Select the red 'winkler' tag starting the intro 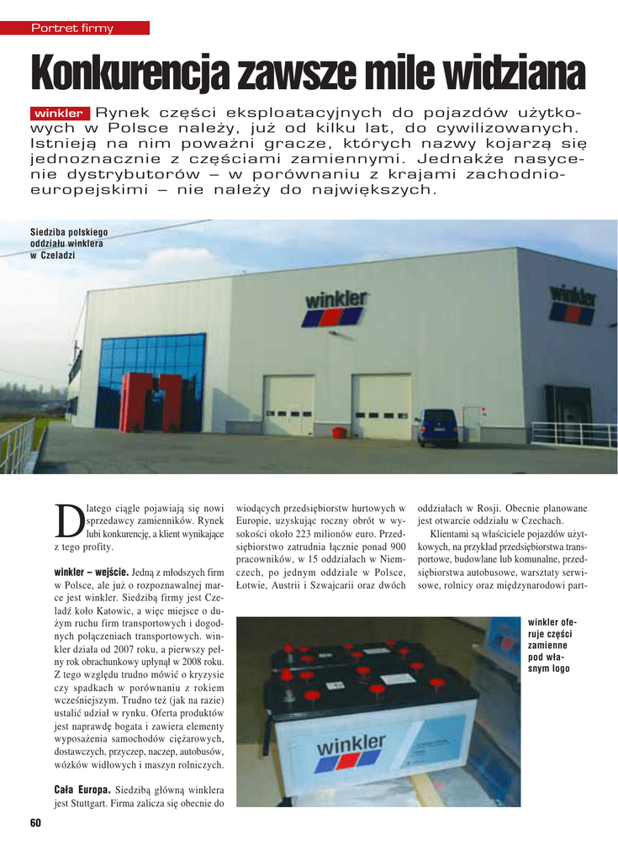(59, 114)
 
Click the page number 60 (34, 822)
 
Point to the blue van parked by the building (437, 428)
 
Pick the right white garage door (383, 407)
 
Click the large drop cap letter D (69, 522)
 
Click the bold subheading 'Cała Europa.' (82, 790)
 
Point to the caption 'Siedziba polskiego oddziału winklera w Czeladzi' (69, 243)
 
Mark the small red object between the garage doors (339, 432)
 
